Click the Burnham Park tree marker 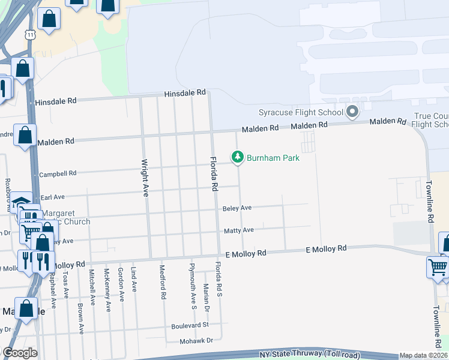[x=238, y=158]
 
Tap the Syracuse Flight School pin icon [x=352, y=112]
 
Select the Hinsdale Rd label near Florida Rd [x=185, y=94]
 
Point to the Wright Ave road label [x=145, y=178]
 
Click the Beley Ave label [x=237, y=208]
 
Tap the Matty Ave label [x=238, y=230]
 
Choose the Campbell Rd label [x=58, y=174]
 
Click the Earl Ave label [x=52, y=197]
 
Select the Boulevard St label [x=188, y=325]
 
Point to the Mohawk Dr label [x=196, y=341]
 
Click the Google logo [x=20, y=352]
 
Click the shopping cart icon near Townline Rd [x=438, y=266]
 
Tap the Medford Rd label [x=162, y=281]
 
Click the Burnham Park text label [x=272, y=158]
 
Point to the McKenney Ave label [x=107, y=289]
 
